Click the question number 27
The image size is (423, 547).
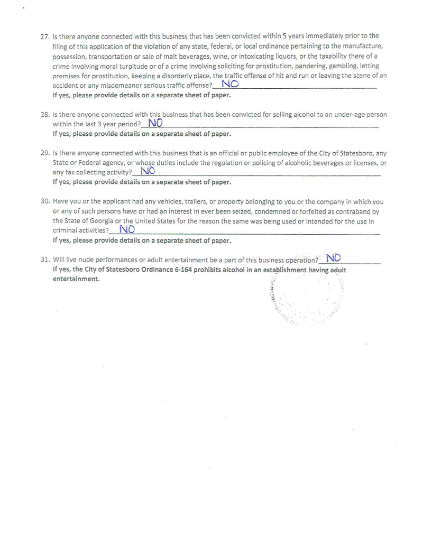[x=44, y=36]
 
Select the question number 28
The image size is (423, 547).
[x=44, y=115]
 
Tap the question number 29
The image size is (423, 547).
[x=44, y=154]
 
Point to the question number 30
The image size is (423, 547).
[x=44, y=202]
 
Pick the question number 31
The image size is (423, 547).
[x=44, y=260]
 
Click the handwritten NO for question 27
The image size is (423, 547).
[x=230, y=84]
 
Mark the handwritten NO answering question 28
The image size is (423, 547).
[x=155, y=123]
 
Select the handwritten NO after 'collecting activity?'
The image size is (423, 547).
[x=148, y=171]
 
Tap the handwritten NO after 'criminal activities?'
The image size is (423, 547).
[x=127, y=229]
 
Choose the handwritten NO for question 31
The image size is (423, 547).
[x=334, y=258]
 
